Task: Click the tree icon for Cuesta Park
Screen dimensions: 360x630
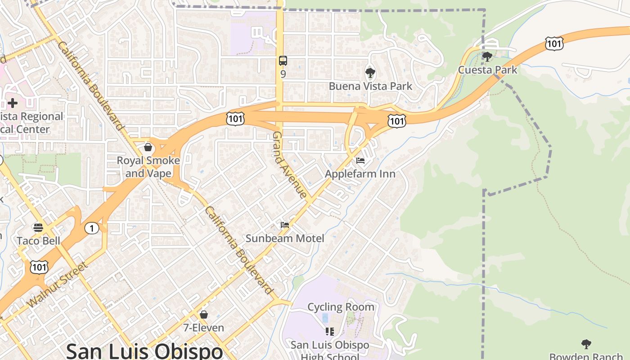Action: pos(487,57)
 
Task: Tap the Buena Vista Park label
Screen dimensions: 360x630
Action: pos(370,86)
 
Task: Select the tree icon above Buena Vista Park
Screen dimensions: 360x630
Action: pos(370,72)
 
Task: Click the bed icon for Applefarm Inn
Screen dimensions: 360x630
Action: pos(360,161)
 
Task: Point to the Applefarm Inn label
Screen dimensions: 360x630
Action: pos(360,174)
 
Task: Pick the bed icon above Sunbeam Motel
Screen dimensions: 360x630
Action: pos(284,225)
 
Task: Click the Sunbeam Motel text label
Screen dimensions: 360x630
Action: pos(284,238)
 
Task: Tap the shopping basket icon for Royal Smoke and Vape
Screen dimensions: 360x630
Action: pos(148,147)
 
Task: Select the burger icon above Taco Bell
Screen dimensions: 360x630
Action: pos(38,227)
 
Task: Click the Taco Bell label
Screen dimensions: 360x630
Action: pos(38,241)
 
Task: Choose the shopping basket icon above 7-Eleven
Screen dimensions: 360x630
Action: pos(203,314)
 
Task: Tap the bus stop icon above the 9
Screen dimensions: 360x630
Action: pos(283,61)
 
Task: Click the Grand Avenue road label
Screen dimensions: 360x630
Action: pos(290,165)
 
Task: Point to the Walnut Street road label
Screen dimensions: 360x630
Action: pos(58,284)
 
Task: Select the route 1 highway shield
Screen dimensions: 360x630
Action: pos(91,229)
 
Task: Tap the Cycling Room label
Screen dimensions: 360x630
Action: pos(341,307)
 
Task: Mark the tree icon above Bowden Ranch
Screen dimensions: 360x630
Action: pos(586,344)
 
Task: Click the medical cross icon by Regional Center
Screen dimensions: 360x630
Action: pos(13,103)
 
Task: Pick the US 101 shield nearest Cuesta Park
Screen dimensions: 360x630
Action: pos(553,44)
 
